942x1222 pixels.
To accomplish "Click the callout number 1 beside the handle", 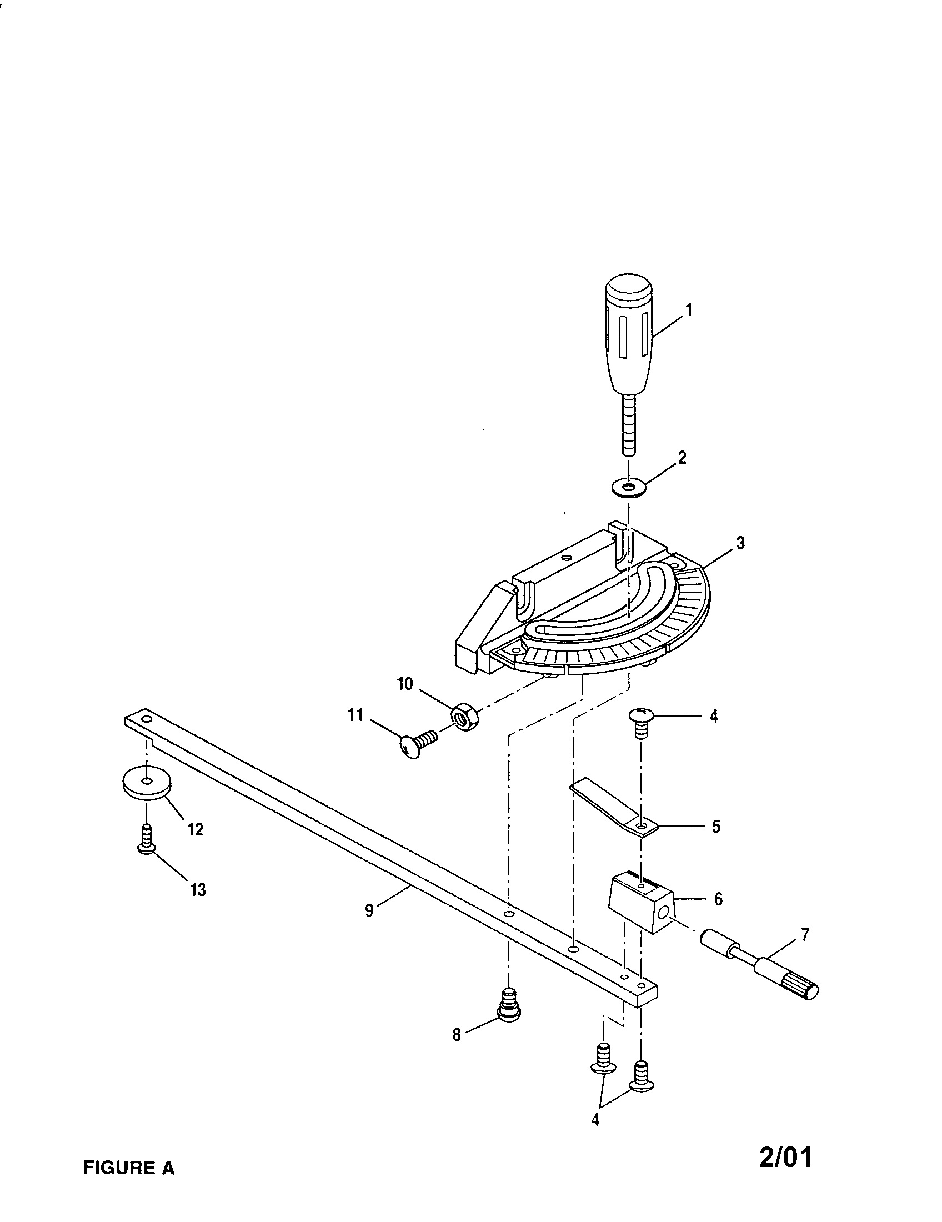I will click(x=689, y=310).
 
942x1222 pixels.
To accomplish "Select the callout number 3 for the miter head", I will click(x=740, y=543).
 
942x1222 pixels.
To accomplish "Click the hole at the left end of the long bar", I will click(x=146, y=718).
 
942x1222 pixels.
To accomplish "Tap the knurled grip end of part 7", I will click(x=803, y=994).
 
